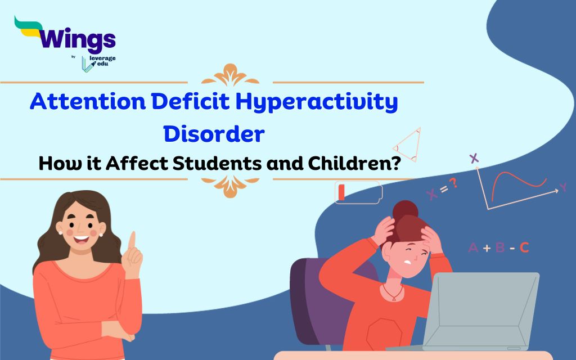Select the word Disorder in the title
[x=214, y=134]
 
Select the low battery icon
[x=358, y=192]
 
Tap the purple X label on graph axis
[x=474, y=158]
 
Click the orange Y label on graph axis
[x=562, y=187]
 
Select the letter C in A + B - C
[x=524, y=247]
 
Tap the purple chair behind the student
[x=312, y=292]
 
